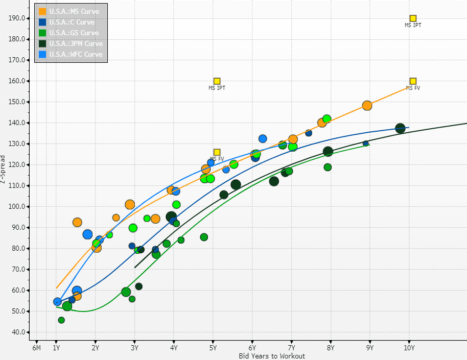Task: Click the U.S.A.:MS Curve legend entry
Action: pyautogui.click(x=74, y=11)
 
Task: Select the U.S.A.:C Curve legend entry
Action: pyautogui.click(x=72, y=22)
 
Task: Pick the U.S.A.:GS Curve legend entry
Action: pyautogui.click(x=74, y=33)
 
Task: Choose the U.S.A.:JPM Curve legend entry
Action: pyautogui.click(x=76, y=43)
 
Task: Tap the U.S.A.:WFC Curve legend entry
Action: pyautogui.click(x=76, y=54)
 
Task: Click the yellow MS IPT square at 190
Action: pyautogui.click(x=413, y=18)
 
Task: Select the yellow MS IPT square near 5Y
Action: pyautogui.click(x=217, y=81)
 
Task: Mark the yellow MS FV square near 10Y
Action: pyautogui.click(x=413, y=81)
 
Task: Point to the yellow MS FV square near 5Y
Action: pyautogui.click(x=217, y=152)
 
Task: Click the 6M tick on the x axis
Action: pyautogui.click(x=36, y=348)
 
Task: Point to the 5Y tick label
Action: pyautogui.click(x=213, y=348)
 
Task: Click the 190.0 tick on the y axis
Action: pyautogui.click(x=17, y=18)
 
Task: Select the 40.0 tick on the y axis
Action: pyautogui.click(x=17, y=332)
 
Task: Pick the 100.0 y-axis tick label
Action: pyautogui.click(x=17, y=207)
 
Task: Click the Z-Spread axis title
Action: pyautogui.click(x=4, y=170)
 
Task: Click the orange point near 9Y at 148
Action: pyautogui.click(x=367, y=106)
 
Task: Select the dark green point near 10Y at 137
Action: pyautogui.click(x=400, y=128)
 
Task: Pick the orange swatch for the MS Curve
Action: pyautogui.click(x=42, y=11)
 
